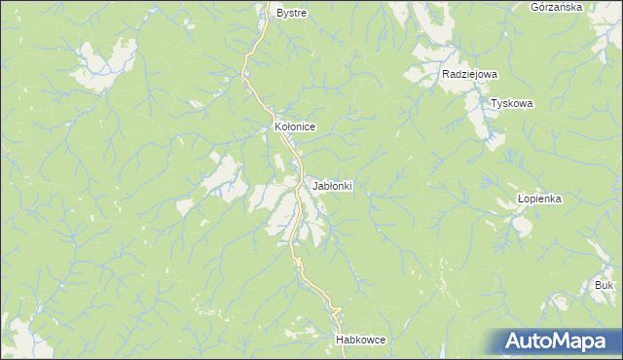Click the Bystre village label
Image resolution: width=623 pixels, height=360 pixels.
[x=291, y=14]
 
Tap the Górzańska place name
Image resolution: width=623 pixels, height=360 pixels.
[x=557, y=7]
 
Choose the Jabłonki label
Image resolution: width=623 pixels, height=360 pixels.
[x=333, y=185]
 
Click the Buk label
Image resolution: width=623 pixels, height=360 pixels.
[x=604, y=285]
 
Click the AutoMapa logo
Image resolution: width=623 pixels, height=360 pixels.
[x=556, y=342]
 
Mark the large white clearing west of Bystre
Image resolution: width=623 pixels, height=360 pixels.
[x=102, y=63]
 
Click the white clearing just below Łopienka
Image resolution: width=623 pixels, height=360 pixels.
[x=520, y=226]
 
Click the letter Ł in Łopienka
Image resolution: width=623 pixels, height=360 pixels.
[x=521, y=198]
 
